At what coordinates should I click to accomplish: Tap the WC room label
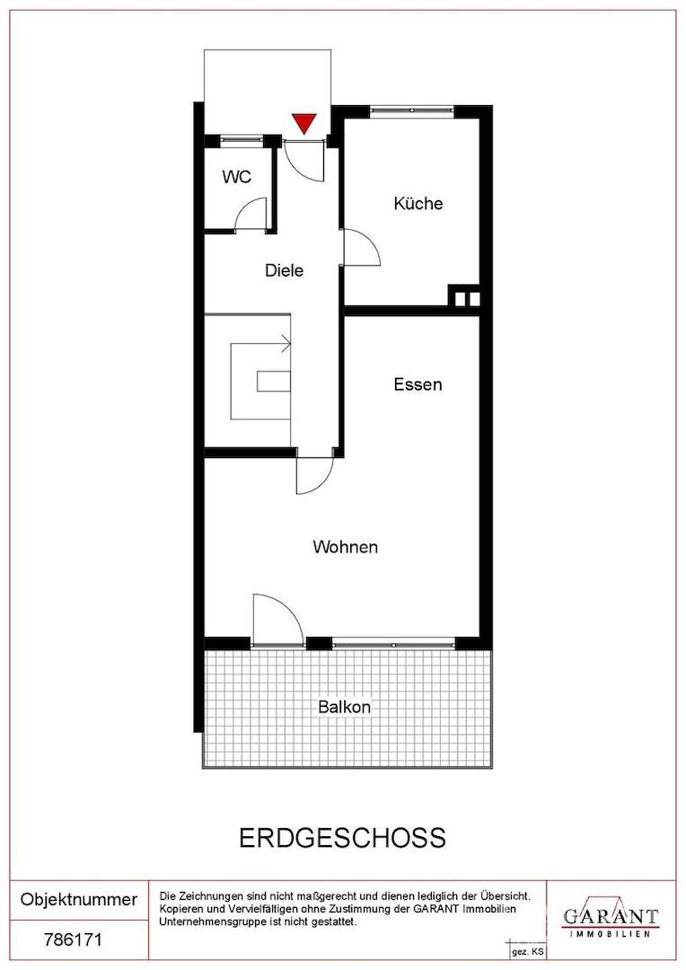pyautogui.click(x=237, y=177)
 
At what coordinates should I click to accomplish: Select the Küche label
pyautogui.click(x=418, y=203)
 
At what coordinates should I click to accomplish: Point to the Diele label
pyautogui.click(x=284, y=270)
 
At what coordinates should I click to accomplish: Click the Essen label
pyautogui.click(x=418, y=384)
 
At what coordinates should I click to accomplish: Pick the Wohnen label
pyautogui.click(x=345, y=547)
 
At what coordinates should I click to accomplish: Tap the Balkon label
pyautogui.click(x=345, y=707)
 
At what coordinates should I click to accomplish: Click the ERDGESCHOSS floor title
pyautogui.click(x=342, y=838)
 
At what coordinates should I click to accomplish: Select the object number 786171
pyautogui.click(x=73, y=940)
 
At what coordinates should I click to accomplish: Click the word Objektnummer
pyautogui.click(x=79, y=899)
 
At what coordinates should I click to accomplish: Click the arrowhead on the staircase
pyautogui.click(x=286, y=342)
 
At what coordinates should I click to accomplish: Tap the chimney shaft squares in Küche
pyautogui.click(x=464, y=299)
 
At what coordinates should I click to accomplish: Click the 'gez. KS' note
pyautogui.click(x=527, y=952)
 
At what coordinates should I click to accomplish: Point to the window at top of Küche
pyautogui.click(x=412, y=110)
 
